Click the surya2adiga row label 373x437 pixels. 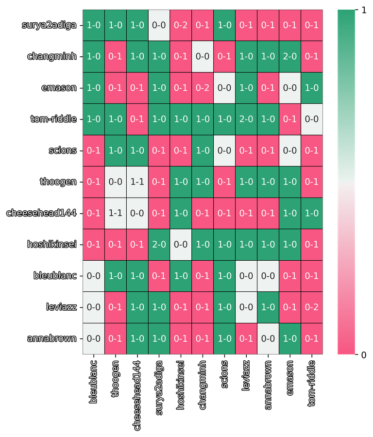tap(49, 25)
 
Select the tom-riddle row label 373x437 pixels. tap(53, 119)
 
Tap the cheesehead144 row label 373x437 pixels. tap(42, 213)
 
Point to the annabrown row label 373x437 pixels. tap(51, 338)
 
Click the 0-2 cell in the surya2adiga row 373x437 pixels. tap(181, 25)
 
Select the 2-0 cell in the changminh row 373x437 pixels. tap(290, 56)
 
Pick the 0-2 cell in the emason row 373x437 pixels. tap(203, 88)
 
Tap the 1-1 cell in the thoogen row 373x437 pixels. tap(137, 182)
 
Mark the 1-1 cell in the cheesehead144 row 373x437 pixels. tap(115, 213)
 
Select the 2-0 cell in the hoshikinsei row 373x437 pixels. tap(159, 244)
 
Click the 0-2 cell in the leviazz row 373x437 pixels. tap(312, 307)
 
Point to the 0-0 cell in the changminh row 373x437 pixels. tap(203, 56)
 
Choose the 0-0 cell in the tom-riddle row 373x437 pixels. tap(312, 119)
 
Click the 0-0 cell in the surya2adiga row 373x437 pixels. tap(159, 25)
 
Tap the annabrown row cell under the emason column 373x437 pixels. tap(290, 338)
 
